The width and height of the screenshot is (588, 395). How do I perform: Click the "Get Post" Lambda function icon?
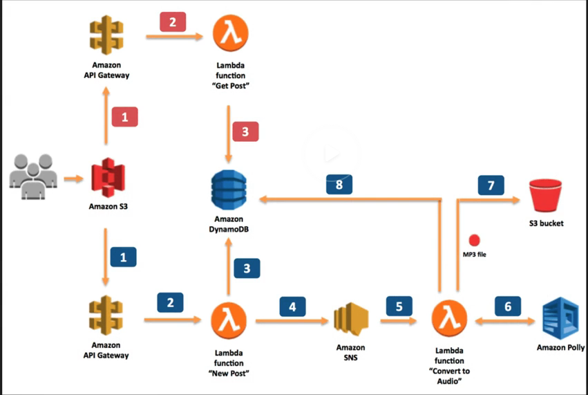coord(229,35)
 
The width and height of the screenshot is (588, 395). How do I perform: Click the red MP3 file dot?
coord(474,241)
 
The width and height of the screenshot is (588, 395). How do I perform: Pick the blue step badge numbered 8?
coord(339,184)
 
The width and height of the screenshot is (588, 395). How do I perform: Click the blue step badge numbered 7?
coord(491,185)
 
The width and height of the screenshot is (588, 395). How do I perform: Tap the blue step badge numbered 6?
coord(508,306)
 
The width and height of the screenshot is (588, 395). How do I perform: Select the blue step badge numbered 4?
coord(292,306)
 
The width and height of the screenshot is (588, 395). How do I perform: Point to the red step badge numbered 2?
coord(172,22)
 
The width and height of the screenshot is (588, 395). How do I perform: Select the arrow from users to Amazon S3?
coord(72,180)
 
